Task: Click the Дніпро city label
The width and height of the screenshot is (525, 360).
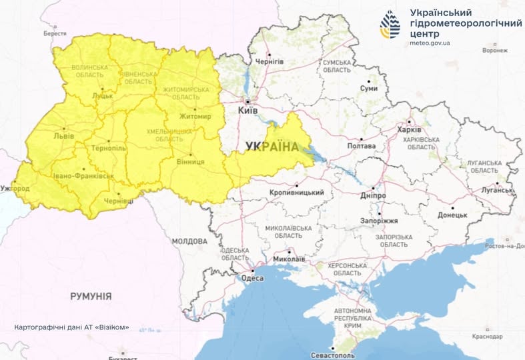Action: pos(374,197)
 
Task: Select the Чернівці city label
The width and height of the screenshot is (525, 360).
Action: pos(119,201)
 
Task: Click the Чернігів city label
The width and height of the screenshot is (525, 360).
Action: pos(270,61)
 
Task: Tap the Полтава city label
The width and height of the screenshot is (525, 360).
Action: pos(362,145)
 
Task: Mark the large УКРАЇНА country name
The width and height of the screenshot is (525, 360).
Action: pos(272,147)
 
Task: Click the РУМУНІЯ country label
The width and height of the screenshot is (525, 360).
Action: pos(91,296)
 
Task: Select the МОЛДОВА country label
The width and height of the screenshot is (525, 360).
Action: pos(189,241)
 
